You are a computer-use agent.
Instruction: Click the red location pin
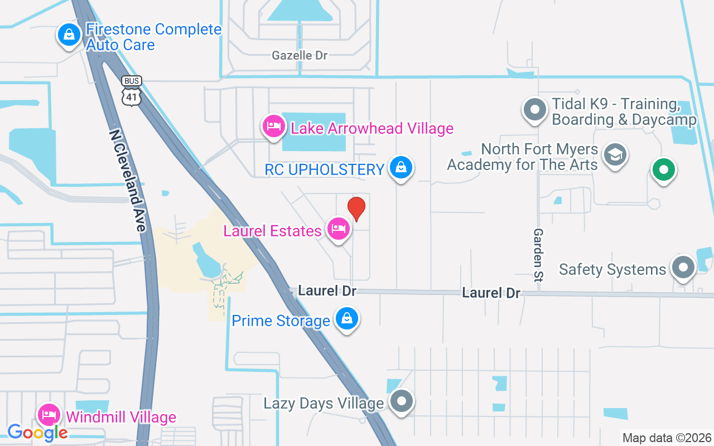[356, 209]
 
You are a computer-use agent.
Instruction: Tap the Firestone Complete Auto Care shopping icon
[69, 35]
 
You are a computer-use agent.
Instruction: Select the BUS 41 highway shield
[132, 91]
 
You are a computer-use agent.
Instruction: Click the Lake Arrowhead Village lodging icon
[273, 127]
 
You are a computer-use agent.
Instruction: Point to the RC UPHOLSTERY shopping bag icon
[401, 167]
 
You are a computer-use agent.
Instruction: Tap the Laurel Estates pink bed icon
[338, 229]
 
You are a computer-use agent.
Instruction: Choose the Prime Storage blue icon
[347, 319]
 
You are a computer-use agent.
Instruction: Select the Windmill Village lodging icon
[49, 415]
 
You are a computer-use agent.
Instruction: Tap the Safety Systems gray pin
[683, 268]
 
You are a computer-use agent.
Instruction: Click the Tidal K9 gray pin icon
[535, 110]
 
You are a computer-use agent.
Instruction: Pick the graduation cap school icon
[615, 155]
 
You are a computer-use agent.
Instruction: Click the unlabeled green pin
[663, 169]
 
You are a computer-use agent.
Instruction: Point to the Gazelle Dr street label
[300, 55]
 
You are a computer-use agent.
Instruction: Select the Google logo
[37, 432]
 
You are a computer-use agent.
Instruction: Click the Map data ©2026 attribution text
[667, 438]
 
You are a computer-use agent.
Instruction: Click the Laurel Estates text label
[272, 231]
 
